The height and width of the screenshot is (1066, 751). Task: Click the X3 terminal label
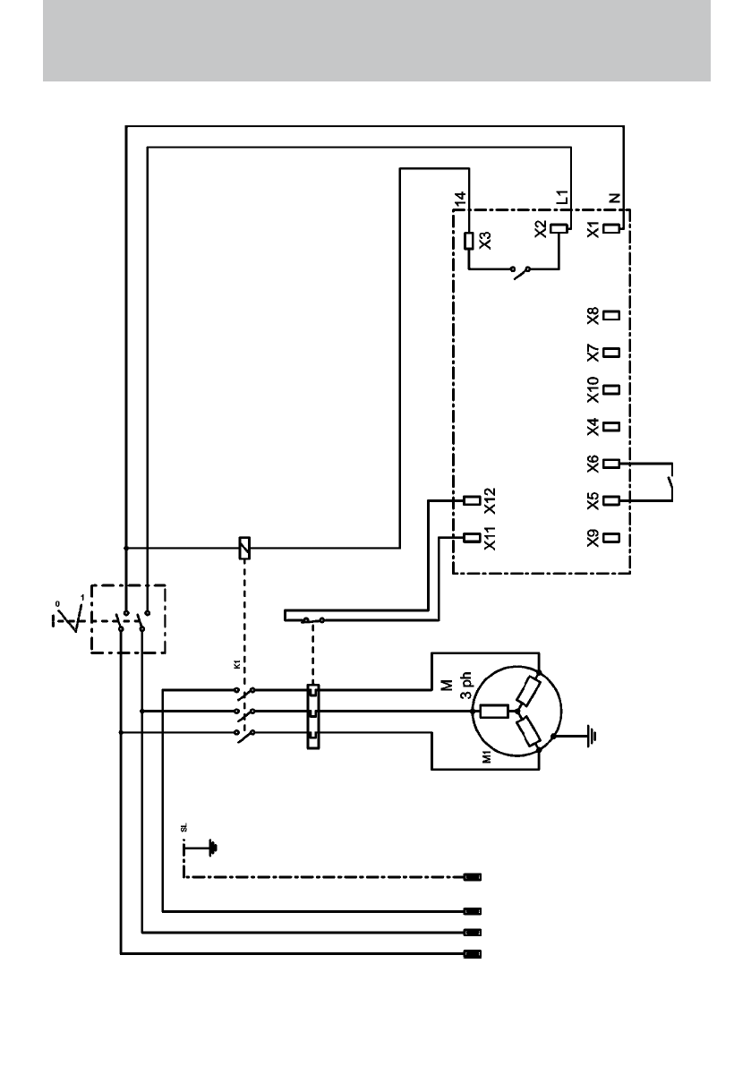[485, 240]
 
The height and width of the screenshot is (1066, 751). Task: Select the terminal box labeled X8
[611, 315]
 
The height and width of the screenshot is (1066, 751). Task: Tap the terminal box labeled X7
[611, 352]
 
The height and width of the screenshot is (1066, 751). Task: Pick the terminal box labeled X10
[611, 389]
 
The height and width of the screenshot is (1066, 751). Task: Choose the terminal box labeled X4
[611, 427]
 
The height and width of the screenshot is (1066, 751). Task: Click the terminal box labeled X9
[611, 538]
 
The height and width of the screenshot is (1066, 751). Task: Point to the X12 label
[490, 501]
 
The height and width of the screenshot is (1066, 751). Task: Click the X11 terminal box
[472, 538]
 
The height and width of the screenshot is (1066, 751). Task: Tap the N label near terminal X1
[615, 199]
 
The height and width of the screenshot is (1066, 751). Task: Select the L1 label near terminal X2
[562, 197]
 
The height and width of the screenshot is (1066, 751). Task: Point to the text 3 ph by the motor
[465, 687]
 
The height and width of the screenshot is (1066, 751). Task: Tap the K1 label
[235, 663]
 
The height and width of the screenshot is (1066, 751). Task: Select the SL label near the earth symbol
[183, 827]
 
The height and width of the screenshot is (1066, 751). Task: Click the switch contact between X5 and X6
[670, 482]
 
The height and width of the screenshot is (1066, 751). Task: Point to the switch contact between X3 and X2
[520, 273]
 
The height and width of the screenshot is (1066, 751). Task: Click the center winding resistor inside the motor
[494, 712]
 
